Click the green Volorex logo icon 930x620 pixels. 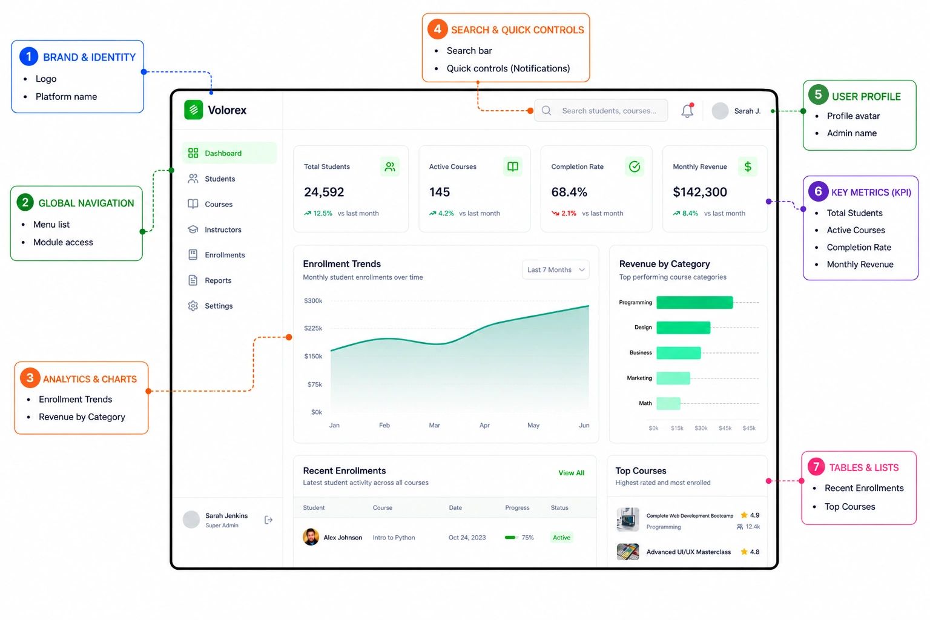[194, 110]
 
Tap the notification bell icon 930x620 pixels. [688, 110]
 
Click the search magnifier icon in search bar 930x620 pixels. [546, 110]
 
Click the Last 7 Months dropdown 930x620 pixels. [555, 269]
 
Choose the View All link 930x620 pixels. [572, 473]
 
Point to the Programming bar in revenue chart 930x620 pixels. [694, 302]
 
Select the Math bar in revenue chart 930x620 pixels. [668, 403]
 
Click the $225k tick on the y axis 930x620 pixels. [313, 328]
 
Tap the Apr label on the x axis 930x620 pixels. [484, 425]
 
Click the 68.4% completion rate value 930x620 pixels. [569, 192]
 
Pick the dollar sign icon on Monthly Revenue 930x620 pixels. [748, 167]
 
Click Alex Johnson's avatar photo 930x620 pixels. [311, 537]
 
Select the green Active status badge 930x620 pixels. [561, 538]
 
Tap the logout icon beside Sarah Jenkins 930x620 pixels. [269, 520]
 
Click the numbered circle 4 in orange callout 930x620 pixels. [438, 29]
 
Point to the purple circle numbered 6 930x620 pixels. [818, 191]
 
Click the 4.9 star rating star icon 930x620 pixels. [744, 515]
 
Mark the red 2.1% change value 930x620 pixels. [569, 213]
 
